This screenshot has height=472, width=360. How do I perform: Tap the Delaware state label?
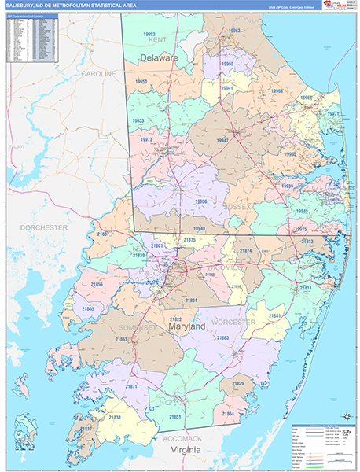(x=160, y=58)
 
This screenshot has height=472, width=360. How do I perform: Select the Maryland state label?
(x=186, y=325)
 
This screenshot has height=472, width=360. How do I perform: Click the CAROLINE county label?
(x=98, y=73)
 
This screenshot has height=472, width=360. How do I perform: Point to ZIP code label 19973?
(x=146, y=139)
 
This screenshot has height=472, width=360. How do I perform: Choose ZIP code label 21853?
(x=122, y=339)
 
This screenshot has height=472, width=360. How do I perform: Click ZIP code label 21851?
(x=176, y=416)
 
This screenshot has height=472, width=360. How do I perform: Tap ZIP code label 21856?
(x=97, y=283)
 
